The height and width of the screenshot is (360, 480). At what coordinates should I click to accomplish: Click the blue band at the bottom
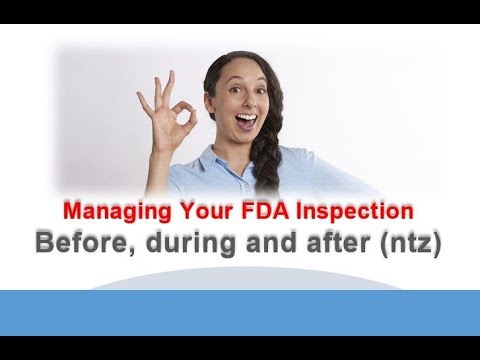click(x=240, y=320)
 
